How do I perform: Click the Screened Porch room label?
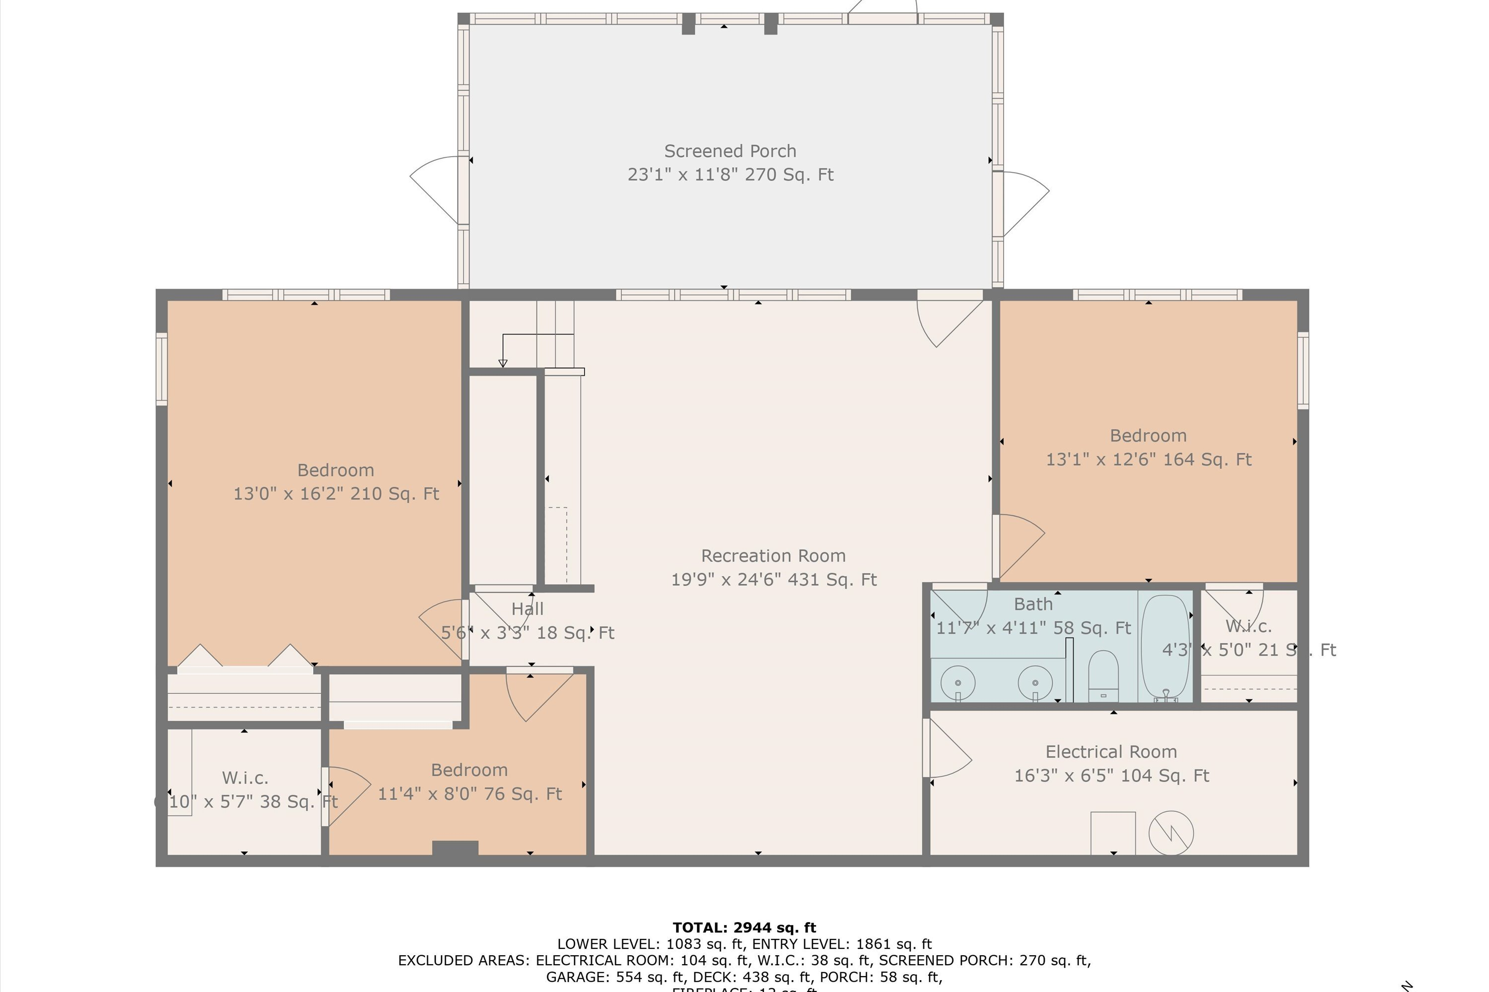tap(730, 151)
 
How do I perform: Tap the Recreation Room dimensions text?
tap(774, 579)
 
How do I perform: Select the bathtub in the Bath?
tap(1165, 647)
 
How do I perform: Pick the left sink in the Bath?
tap(958, 682)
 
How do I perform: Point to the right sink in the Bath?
tap(1035, 682)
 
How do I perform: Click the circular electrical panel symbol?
tap(1171, 833)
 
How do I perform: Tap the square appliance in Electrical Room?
tap(1113, 833)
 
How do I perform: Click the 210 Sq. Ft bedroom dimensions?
tap(336, 494)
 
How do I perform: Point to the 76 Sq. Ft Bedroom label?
tap(469, 770)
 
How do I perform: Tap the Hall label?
tap(527, 609)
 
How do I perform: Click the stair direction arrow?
tap(503, 363)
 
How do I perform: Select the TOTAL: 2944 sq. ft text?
tap(744, 928)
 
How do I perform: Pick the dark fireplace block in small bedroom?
tap(455, 848)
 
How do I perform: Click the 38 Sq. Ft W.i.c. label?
tap(245, 778)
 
